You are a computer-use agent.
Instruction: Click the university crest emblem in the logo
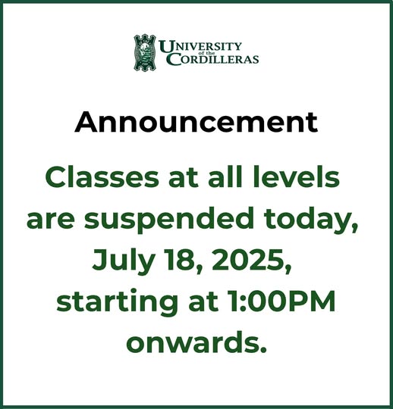(144, 51)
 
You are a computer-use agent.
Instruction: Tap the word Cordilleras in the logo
(211, 59)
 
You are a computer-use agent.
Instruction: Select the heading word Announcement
(196, 121)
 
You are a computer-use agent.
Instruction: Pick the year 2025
(251, 261)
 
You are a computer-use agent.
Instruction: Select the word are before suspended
(51, 220)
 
